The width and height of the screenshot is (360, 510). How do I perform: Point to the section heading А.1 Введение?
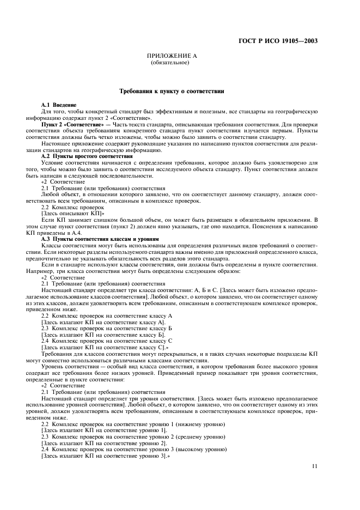pos(59,105)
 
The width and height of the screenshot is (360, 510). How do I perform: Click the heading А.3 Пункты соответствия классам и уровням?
pos(100,239)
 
